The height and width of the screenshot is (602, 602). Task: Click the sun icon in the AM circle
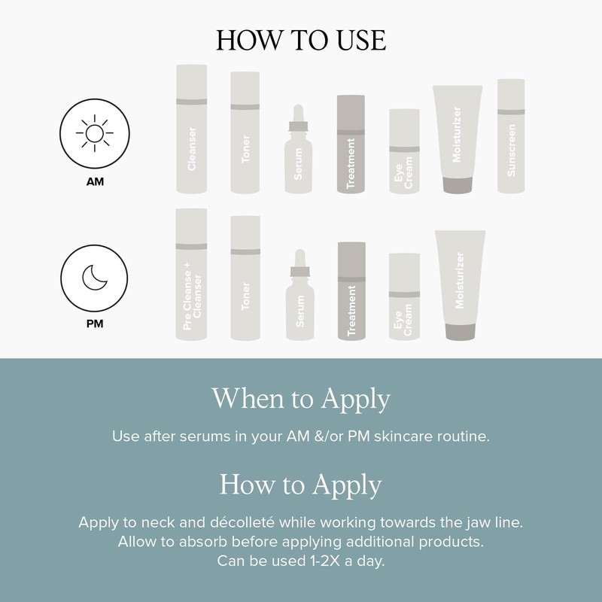click(x=95, y=133)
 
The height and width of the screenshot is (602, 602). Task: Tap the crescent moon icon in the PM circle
click(x=94, y=278)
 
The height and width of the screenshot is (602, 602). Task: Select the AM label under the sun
click(x=95, y=181)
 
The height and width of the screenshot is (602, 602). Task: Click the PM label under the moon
click(x=95, y=324)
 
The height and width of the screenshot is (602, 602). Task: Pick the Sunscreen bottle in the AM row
click(x=511, y=136)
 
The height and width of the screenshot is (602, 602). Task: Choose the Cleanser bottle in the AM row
click(x=192, y=129)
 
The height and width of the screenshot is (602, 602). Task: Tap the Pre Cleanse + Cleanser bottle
click(x=191, y=275)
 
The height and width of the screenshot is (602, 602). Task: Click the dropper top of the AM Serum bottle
click(x=298, y=118)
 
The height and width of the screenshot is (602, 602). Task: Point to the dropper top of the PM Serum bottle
click(x=299, y=263)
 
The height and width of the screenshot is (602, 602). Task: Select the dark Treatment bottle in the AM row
click(x=351, y=144)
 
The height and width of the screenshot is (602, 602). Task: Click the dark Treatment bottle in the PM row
click(x=351, y=291)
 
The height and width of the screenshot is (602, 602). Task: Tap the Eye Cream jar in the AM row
click(x=404, y=151)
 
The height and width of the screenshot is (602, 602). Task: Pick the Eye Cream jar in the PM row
click(x=404, y=296)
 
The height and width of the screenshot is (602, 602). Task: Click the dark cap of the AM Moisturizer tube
click(x=458, y=185)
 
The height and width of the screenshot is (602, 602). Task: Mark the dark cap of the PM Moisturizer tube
click(x=461, y=332)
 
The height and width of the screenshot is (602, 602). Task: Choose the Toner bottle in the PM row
click(x=245, y=278)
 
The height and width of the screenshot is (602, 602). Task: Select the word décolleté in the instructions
click(x=242, y=522)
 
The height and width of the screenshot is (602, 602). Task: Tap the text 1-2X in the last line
click(x=325, y=561)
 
